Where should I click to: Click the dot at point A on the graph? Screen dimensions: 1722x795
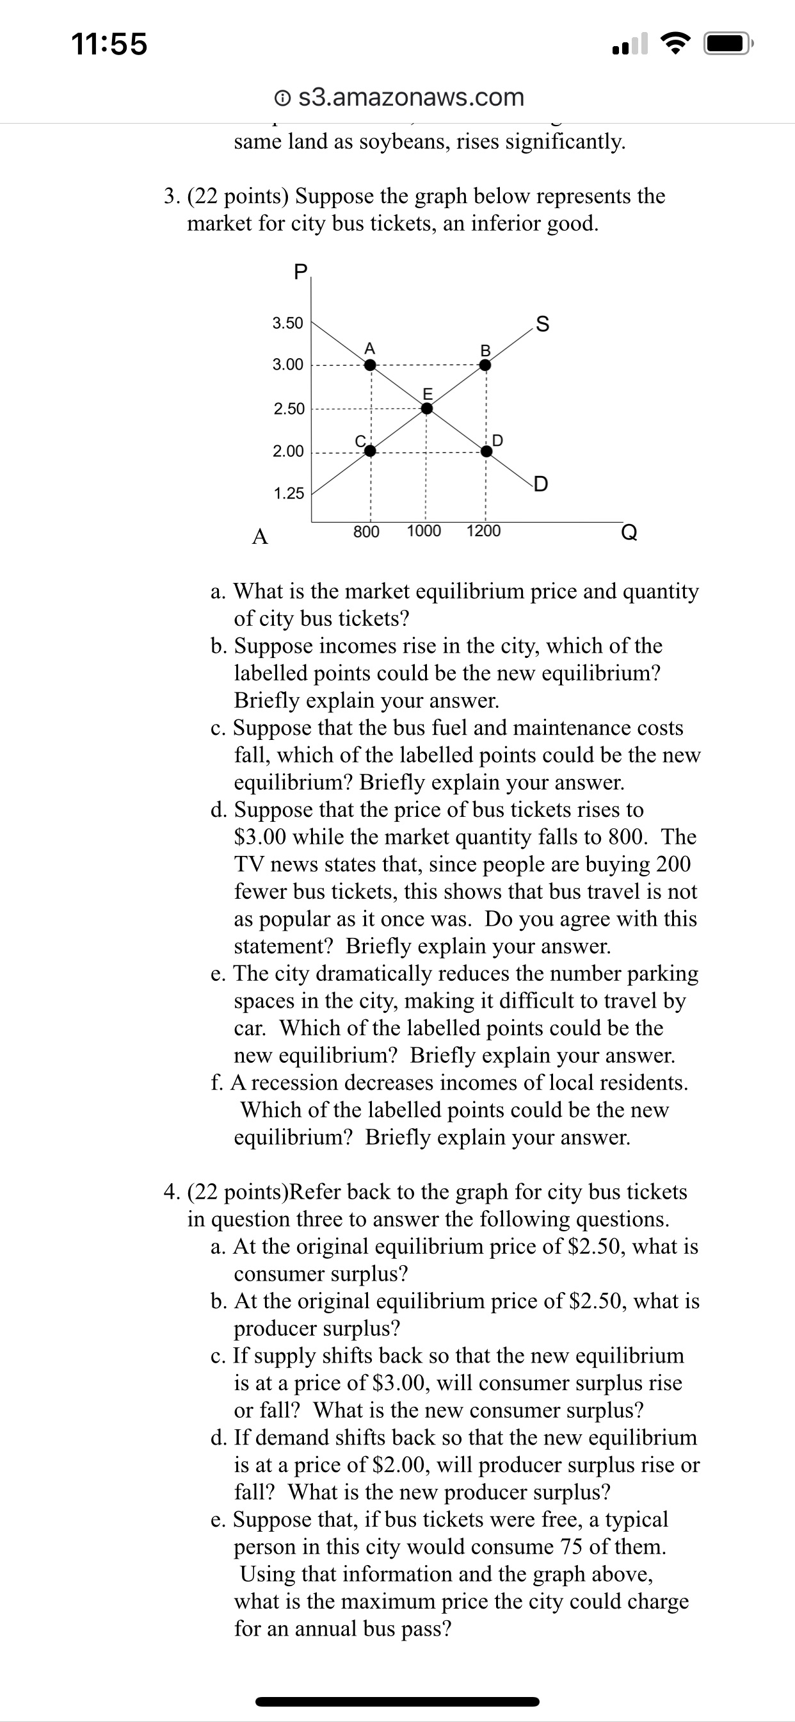click(x=369, y=365)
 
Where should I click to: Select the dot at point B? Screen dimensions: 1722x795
click(x=486, y=365)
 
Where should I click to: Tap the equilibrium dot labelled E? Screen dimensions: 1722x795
click(x=427, y=409)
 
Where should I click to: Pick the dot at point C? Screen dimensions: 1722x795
click(x=369, y=451)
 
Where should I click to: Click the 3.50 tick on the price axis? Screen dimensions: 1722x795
click(x=288, y=324)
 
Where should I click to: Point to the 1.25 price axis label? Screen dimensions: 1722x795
click(x=289, y=494)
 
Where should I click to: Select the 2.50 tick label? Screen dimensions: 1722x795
click(x=289, y=409)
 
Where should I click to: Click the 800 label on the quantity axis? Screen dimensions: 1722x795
click(x=366, y=532)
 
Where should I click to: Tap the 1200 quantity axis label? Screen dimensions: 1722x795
click(x=483, y=532)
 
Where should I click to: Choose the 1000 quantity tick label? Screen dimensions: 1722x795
click(x=424, y=532)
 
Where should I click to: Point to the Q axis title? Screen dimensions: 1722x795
click(x=629, y=533)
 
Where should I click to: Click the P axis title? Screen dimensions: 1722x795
click(x=301, y=272)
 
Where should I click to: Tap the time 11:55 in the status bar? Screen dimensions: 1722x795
click(x=109, y=45)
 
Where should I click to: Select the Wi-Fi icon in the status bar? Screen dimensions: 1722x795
click(x=676, y=45)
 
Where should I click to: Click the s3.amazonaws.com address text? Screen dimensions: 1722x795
click(x=411, y=97)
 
